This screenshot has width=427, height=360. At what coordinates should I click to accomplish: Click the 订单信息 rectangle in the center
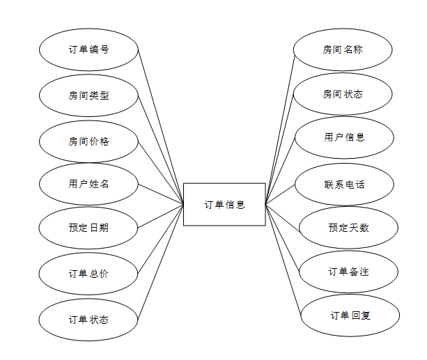point(224,204)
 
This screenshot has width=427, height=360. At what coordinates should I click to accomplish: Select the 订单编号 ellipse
point(88,50)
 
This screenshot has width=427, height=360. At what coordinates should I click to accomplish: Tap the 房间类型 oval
point(88,95)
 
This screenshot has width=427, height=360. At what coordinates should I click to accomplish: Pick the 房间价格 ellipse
point(88,141)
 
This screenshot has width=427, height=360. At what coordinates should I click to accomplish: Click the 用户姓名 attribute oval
point(88,185)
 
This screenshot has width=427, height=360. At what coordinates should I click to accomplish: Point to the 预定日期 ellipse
point(88,227)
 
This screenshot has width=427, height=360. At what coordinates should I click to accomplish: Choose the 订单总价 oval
point(88,274)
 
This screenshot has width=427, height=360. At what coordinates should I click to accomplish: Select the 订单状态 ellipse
point(88,320)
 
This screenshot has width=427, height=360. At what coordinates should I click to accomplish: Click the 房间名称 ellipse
point(343,50)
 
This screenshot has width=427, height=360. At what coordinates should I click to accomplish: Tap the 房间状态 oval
point(343,94)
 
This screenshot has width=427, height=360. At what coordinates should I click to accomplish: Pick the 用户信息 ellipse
point(344,137)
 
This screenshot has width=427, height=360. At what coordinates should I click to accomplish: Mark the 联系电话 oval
point(344,185)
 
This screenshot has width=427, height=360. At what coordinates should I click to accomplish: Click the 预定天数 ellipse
point(348,228)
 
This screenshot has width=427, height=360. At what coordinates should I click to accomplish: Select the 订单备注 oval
point(348,271)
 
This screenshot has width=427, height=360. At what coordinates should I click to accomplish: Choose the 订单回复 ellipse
point(350,315)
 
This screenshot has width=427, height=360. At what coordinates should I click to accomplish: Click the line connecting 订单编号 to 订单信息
point(161,127)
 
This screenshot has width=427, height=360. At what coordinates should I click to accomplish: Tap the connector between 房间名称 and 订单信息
point(280,126)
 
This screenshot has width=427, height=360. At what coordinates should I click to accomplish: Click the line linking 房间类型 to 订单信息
point(161,150)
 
